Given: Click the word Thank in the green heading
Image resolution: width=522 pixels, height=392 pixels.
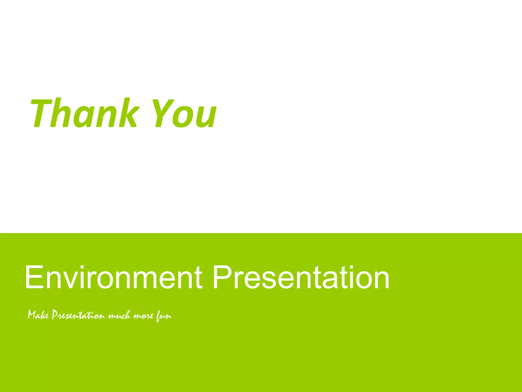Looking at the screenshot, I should (84, 113).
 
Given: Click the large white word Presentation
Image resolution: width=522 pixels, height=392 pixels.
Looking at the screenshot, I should (301, 277).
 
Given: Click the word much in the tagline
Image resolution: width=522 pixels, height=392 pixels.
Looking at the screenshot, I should (119, 316).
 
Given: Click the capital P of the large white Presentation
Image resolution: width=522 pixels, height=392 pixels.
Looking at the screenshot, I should (221, 277).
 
